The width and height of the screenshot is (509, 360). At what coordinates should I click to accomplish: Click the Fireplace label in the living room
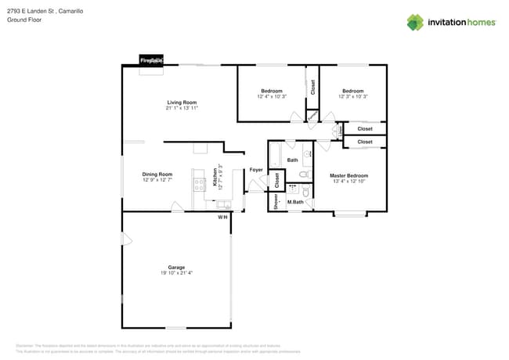pos(151,60)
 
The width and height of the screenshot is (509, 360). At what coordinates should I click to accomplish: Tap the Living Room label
pos(181,103)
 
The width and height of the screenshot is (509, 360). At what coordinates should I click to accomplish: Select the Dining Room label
pos(157,175)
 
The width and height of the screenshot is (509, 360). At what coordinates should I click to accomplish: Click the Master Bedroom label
pos(348,175)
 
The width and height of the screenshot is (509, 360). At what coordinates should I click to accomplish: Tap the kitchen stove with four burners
pos(200,185)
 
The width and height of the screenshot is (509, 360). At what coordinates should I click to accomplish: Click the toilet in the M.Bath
pos(306,191)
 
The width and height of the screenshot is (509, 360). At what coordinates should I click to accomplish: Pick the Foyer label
pos(256,170)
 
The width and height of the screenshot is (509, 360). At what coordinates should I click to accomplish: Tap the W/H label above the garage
pos(222,217)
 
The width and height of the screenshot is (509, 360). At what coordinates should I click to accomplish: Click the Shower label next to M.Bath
pos(276,201)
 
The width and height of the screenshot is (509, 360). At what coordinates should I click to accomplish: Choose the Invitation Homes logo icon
pos(414,22)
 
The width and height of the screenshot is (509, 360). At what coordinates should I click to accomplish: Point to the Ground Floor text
pos(24,20)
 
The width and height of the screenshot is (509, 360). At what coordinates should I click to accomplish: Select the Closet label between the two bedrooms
pos(312,88)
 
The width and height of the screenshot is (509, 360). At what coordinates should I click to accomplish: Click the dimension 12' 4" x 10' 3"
pos(271,96)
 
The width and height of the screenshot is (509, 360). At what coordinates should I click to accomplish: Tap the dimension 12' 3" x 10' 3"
pos(352,96)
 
